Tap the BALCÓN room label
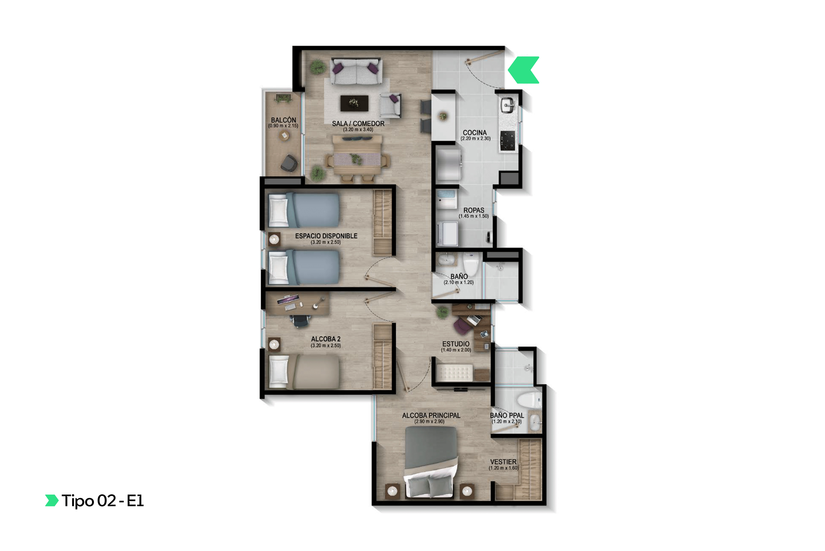(283, 120)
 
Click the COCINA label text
(475, 133)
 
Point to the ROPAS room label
(474, 210)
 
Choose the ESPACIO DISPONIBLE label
(326, 236)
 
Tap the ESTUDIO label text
(456, 344)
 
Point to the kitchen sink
(507, 104)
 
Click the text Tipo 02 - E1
(103, 501)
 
